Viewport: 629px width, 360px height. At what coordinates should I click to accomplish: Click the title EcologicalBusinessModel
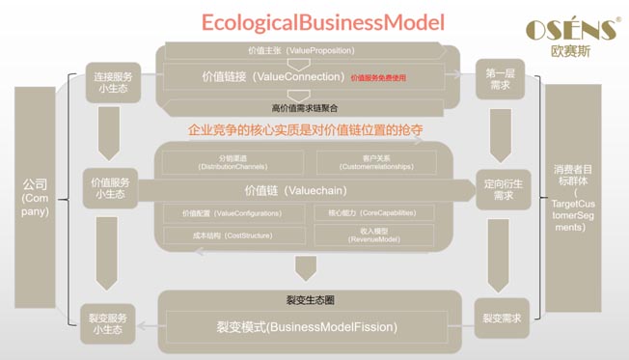323,21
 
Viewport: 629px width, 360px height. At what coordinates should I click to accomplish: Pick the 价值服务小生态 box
113,187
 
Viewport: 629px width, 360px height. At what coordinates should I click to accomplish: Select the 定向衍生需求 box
498,188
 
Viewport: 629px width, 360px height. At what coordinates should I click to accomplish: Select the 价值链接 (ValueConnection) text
272,75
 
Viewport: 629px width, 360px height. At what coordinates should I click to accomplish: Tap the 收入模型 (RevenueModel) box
373,235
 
